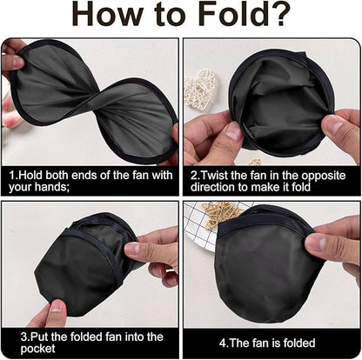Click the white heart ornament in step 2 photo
click(199, 87)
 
